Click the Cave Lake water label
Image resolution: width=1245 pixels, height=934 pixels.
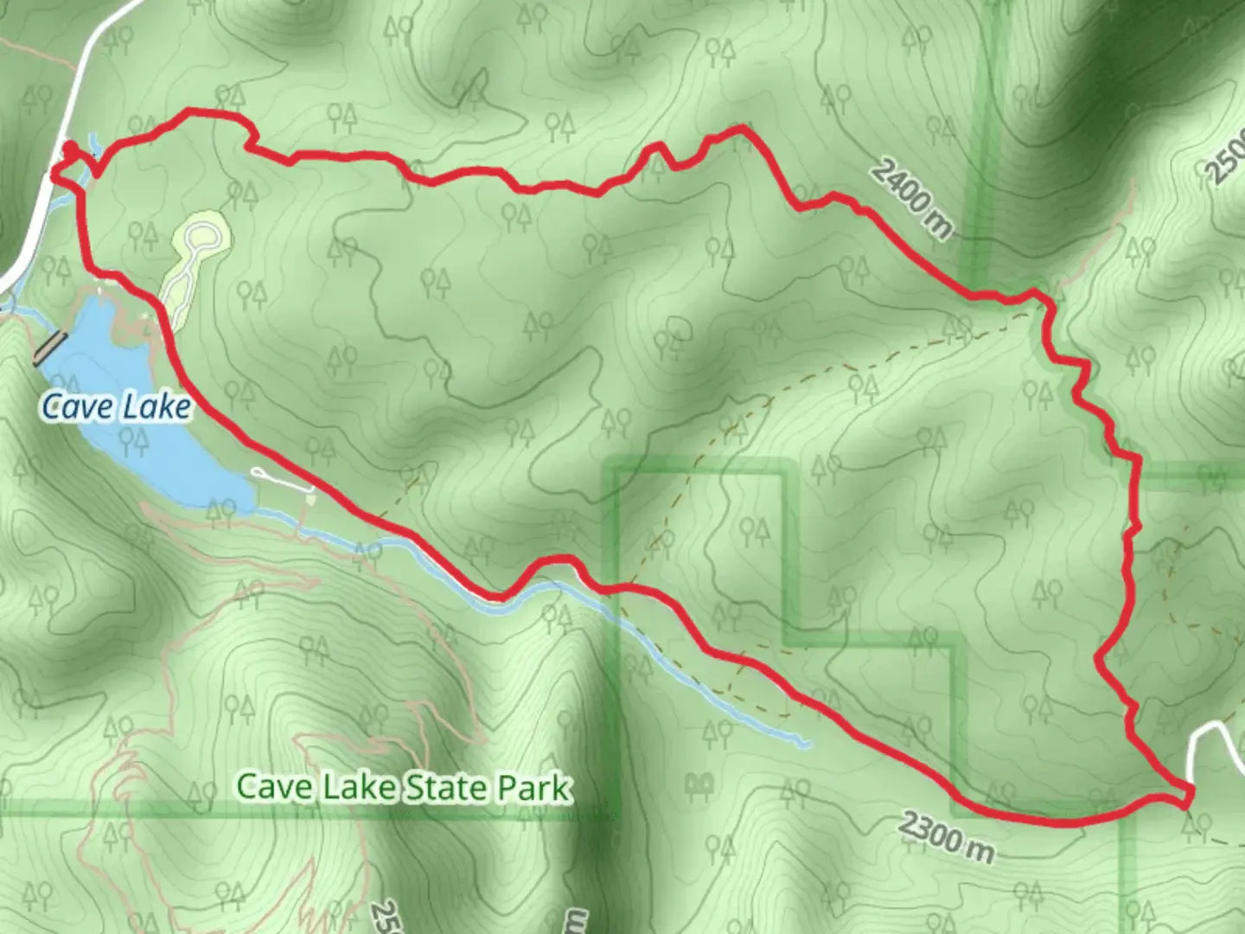[x=116, y=406]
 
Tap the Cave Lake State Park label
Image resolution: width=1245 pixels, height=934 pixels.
[x=404, y=787]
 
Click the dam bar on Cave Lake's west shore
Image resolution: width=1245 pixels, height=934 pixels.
[x=49, y=349]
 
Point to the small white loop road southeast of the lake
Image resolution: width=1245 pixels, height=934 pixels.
[x=283, y=481]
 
